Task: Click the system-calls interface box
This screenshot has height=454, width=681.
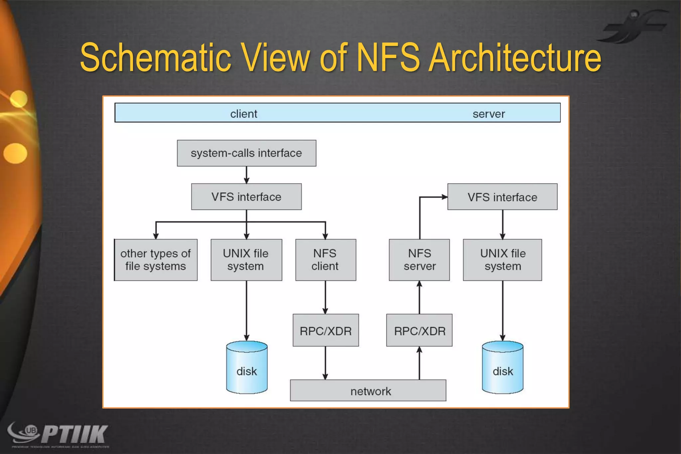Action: (246, 153)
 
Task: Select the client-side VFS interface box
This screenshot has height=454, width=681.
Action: (246, 197)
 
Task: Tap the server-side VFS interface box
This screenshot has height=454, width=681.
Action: (502, 197)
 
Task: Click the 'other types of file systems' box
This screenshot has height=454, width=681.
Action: (156, 260)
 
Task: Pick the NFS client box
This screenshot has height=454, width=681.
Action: (325, 260)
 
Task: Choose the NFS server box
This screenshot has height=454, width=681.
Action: (419, 260)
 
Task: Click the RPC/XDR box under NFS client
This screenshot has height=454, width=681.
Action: (326, 330)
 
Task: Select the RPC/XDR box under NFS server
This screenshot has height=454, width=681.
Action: (419, 330)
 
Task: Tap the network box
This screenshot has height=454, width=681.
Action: (368, 390)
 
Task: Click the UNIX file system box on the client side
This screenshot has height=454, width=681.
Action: (246, 260)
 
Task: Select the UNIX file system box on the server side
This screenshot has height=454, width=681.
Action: (502, 260)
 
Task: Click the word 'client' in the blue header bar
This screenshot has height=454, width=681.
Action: (244, 114)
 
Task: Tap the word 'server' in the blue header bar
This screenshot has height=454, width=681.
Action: (488, 114)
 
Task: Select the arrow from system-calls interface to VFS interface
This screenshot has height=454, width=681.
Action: (246, 175)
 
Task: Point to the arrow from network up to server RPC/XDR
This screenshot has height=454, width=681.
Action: (419, 363)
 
